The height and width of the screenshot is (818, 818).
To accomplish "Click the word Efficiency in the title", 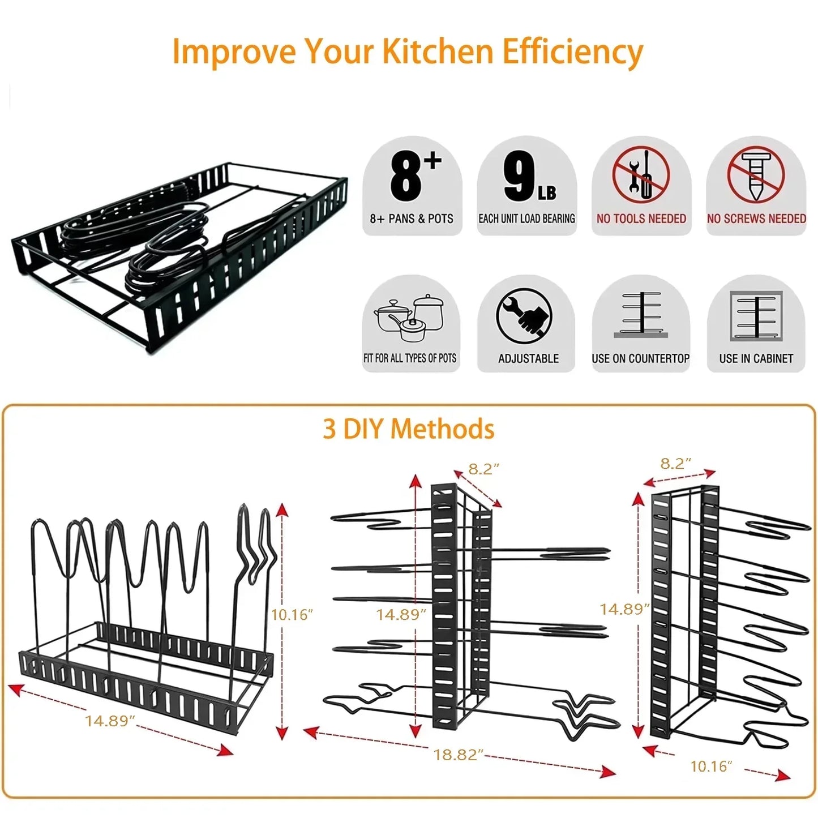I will pos(572,52).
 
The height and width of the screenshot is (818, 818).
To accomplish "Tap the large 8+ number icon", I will pos(414,175).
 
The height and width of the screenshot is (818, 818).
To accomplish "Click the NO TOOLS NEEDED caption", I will pos(641,219).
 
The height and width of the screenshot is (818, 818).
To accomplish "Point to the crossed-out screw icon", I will pos(756,174).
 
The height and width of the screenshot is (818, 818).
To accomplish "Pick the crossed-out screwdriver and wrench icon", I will pos(641,174).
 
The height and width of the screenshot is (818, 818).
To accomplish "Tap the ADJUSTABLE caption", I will pos(528,358).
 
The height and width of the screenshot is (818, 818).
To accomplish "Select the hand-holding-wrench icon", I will pos(524,315).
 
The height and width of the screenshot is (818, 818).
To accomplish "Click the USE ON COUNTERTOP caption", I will pos(640,358).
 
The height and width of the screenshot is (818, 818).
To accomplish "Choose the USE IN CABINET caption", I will pos(756,358).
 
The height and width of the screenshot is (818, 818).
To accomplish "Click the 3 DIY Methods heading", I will pos(408,429).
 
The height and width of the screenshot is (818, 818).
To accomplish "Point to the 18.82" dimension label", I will pos(459,755).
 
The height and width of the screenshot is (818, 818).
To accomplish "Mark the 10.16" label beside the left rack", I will pos(292,614).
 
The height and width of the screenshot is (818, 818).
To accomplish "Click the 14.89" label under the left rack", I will pos(110,721).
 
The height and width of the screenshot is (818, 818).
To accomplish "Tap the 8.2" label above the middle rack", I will pos(483,469).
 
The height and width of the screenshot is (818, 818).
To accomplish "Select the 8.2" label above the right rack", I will pos(675,464).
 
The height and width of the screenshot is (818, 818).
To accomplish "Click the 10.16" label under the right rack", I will pos(711,766).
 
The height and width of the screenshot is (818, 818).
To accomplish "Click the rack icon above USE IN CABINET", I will pos(756,316).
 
